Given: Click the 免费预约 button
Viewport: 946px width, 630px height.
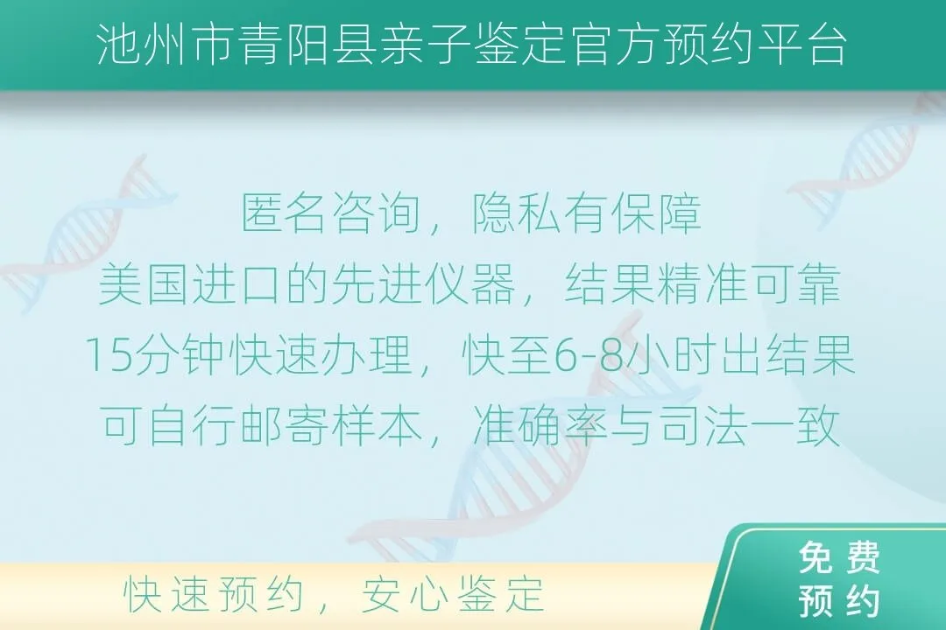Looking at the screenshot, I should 839,580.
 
